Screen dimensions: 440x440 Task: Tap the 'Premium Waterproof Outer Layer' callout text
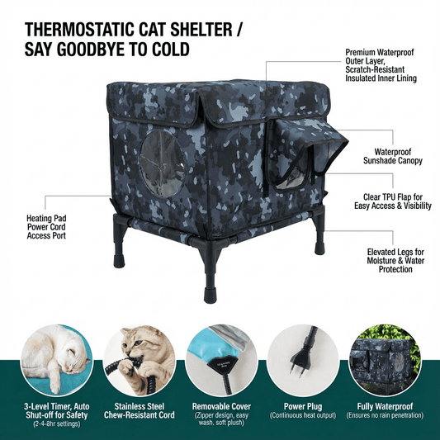pyautogui.click(x=381, y=66)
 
